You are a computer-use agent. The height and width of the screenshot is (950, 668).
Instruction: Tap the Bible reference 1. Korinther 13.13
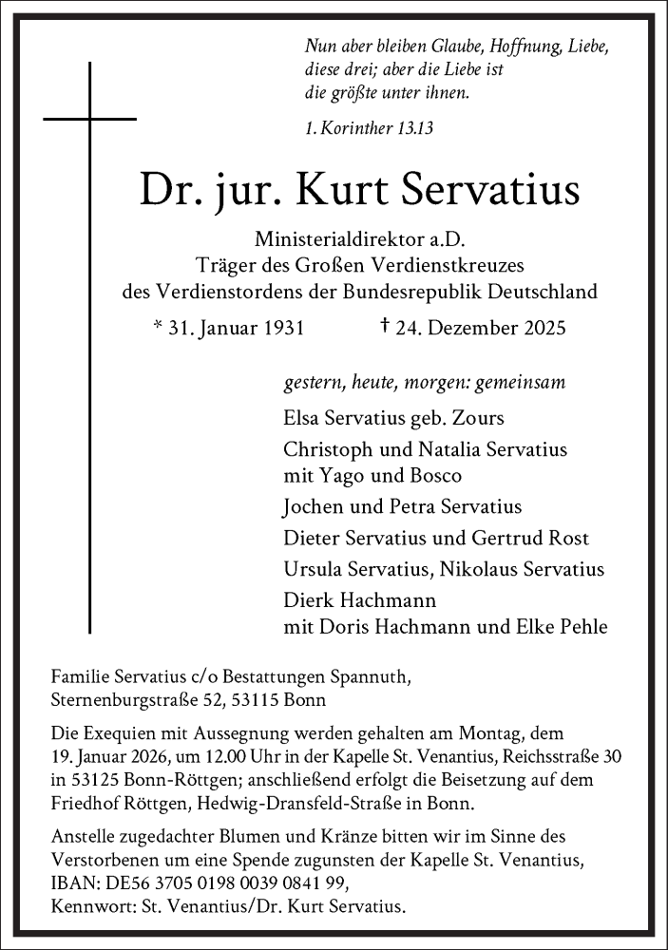[x=369, y=127]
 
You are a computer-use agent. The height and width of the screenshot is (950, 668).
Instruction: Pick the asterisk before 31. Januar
[x=158, y=328]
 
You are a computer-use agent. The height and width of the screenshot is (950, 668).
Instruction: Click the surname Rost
[x=569, y=538]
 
